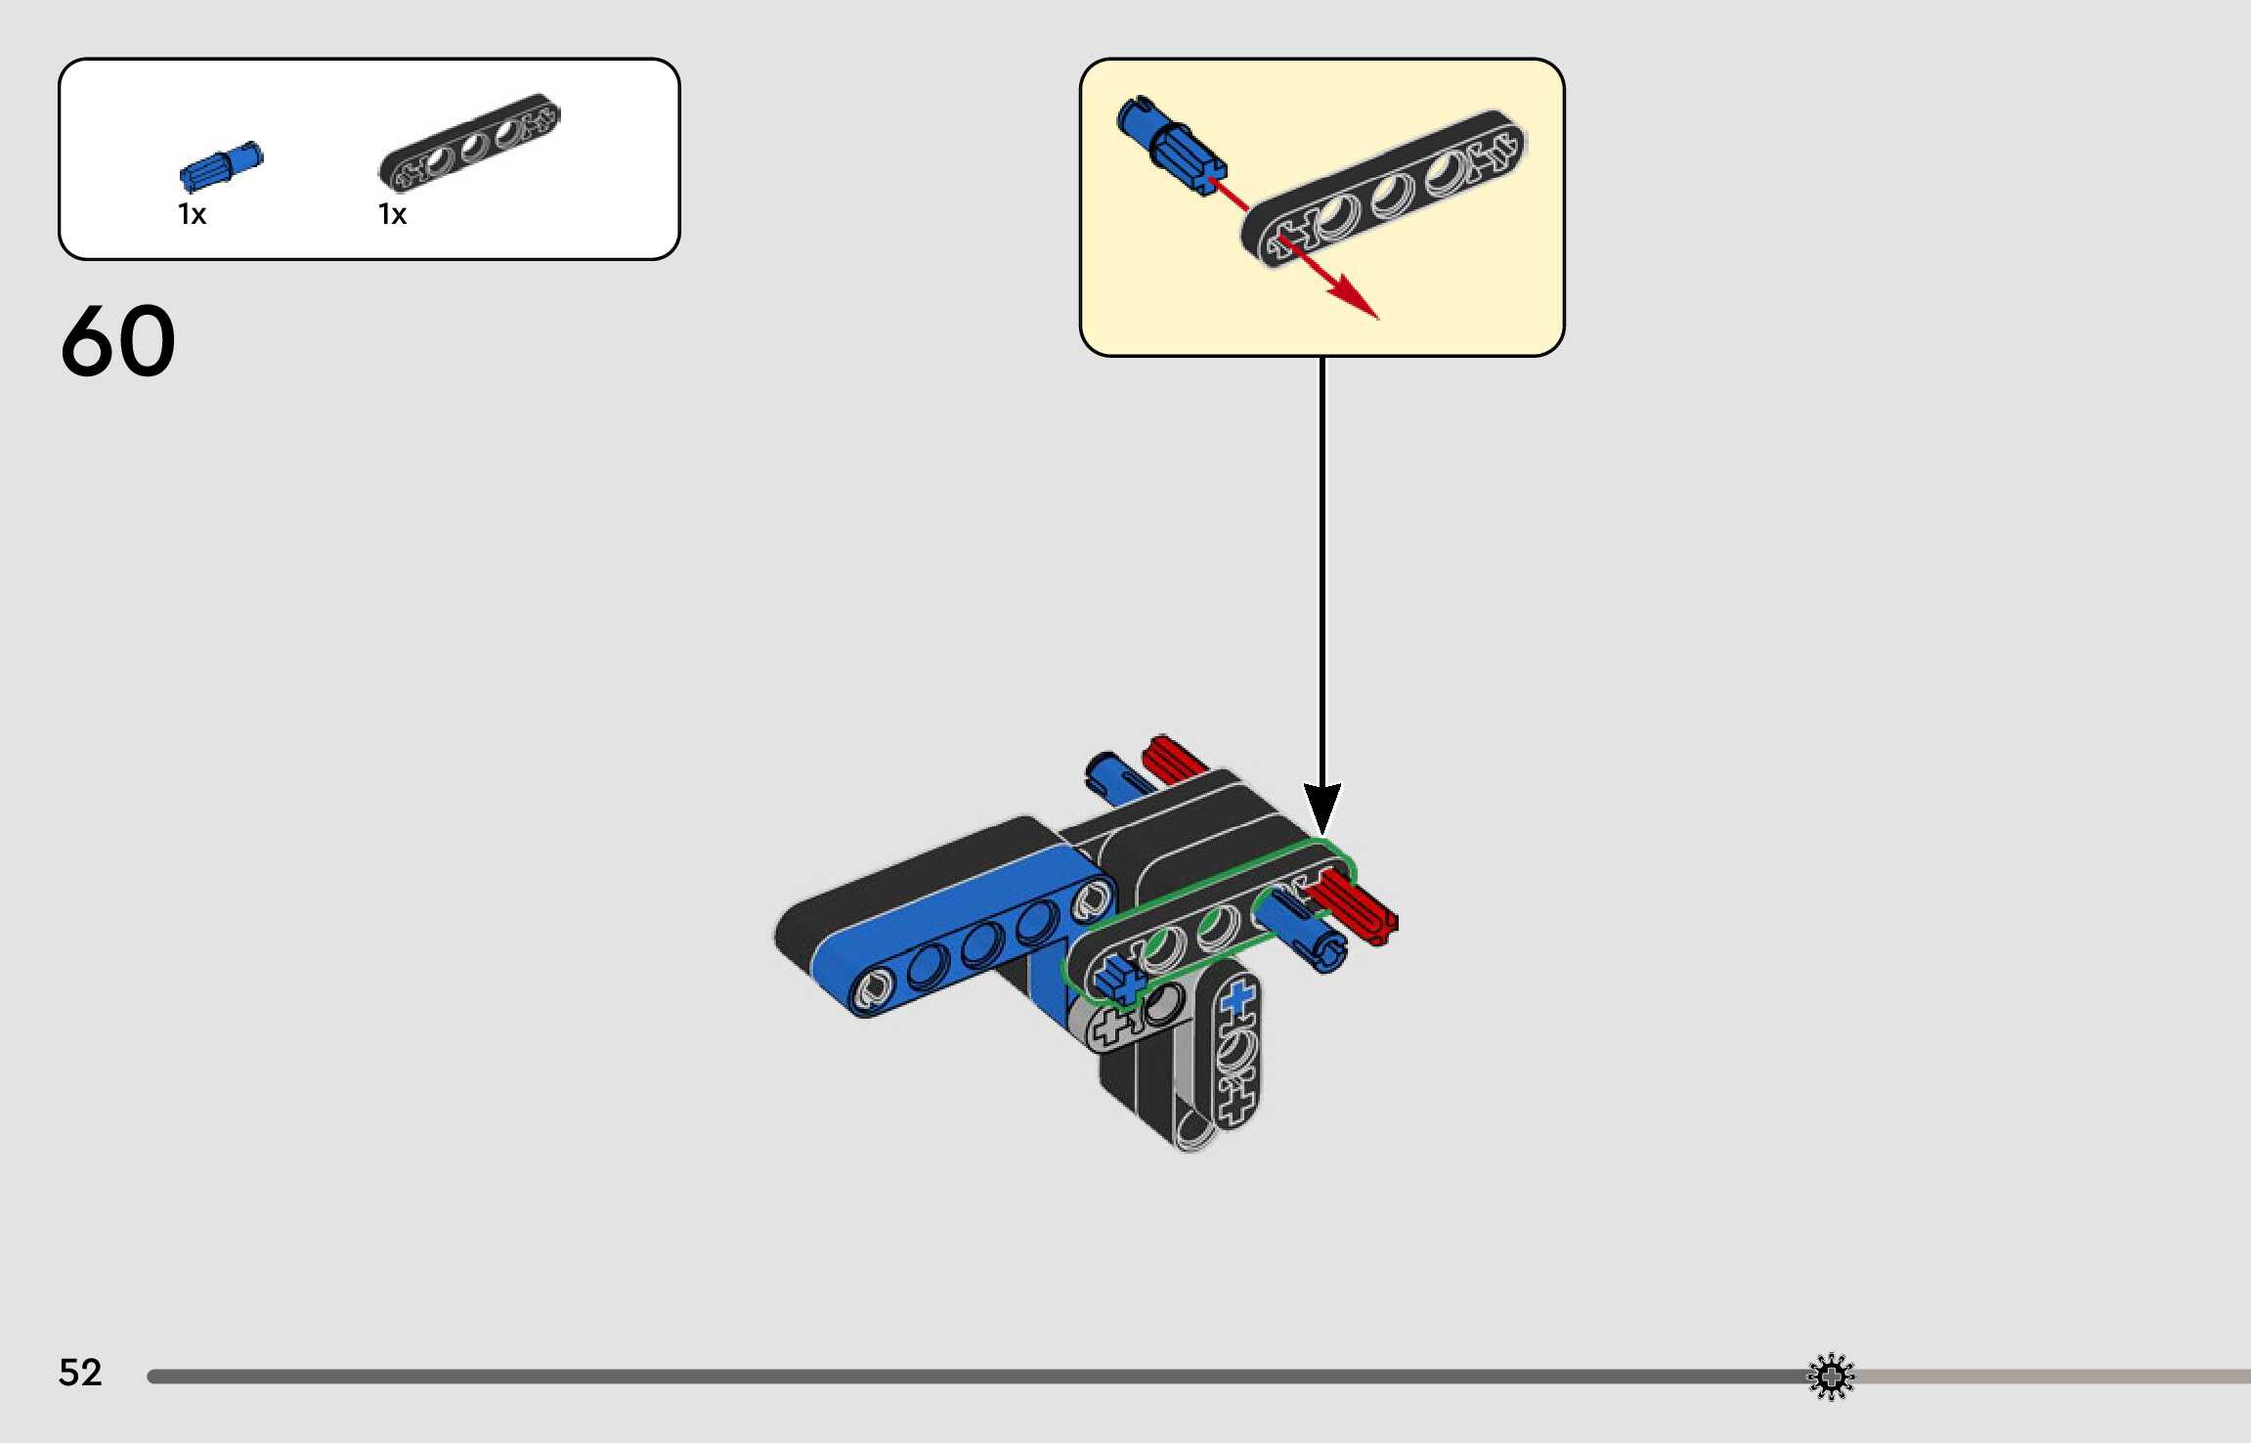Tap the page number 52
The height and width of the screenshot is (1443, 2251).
coord(80,1372)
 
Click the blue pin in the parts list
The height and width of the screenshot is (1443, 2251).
coord(222,166)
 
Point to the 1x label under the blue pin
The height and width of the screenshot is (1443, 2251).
coord(192,214)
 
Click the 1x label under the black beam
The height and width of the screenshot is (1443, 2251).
coord(392,214)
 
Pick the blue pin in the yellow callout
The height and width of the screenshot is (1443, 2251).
coord(1170,147)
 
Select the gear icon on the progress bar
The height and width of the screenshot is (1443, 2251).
coord(1831,1377)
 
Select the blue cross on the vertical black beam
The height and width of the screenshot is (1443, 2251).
coord(1237,998)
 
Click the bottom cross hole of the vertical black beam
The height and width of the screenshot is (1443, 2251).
coord(1237,1106)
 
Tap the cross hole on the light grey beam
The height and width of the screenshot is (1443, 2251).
coord(1109,1028)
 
